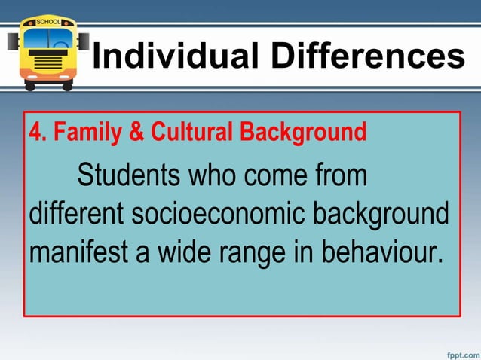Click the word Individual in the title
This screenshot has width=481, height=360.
(171, 56)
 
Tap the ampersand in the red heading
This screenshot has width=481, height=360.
(136, 134)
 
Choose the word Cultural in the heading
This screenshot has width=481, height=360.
(192, 134)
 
